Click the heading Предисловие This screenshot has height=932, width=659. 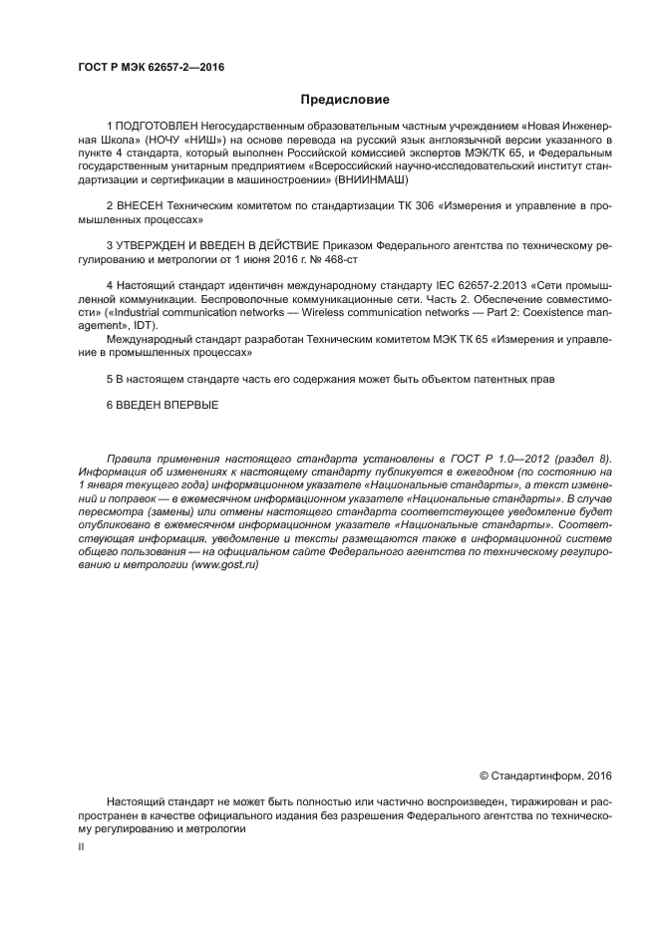pyautogui.click(x=345, y=99)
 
